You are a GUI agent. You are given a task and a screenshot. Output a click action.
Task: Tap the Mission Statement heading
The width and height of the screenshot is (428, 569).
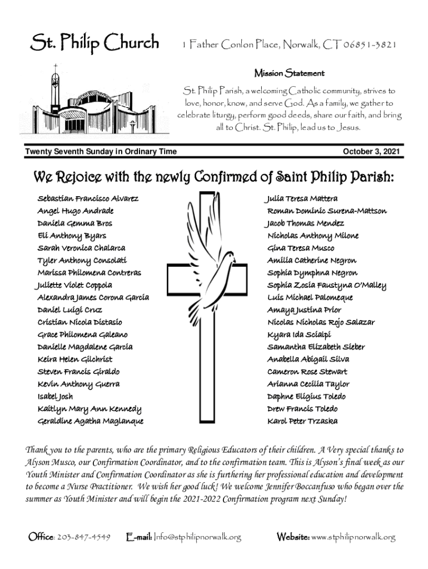pos(289,73)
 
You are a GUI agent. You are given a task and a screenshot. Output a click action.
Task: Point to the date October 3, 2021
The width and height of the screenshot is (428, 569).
pos(371,151)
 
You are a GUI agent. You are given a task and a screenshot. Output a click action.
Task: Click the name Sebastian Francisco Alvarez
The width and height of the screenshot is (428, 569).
pos(88,198)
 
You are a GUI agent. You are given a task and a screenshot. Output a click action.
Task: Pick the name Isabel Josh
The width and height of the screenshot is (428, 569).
pos(55,397)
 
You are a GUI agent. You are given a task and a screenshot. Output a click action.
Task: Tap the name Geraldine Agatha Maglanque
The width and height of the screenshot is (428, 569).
pos(90,421)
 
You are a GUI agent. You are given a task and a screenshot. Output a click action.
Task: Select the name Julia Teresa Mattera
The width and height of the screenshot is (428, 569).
pos(301,198)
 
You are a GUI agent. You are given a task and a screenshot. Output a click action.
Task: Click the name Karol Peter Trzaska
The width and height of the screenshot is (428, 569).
pos(302,421)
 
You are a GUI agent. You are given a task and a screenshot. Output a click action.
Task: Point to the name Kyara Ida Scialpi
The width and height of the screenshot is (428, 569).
pos(299,335)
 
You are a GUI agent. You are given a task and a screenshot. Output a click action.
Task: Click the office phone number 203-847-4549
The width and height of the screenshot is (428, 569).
pos(84,537)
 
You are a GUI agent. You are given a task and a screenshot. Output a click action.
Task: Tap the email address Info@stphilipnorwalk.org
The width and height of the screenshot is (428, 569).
pos(197,537)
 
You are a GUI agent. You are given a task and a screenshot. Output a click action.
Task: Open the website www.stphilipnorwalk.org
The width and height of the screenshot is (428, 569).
pos(354,537)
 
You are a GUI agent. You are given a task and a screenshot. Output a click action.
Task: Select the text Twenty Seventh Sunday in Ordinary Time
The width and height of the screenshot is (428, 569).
pos(101,151)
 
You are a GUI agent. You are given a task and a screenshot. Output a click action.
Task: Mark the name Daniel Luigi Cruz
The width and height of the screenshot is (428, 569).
pos(69,310)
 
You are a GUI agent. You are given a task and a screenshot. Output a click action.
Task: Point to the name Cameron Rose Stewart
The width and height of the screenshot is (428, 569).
pos(307,372)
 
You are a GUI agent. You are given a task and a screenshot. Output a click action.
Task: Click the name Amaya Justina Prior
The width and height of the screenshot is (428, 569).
pos(304,310)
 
